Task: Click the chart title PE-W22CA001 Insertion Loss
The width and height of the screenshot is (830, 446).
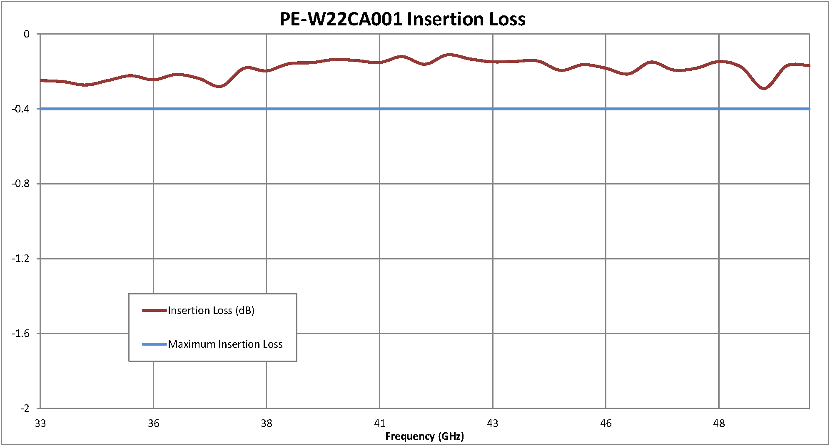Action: pos(402,19)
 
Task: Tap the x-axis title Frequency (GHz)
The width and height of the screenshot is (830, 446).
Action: pos(424,436)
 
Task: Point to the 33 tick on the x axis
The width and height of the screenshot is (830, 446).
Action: pos(40,424)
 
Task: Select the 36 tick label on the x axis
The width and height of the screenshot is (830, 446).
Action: pos(154,424)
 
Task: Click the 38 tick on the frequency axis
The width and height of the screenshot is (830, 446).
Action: pos(267,424)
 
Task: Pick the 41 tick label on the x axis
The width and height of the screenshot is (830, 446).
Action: pos(380,424)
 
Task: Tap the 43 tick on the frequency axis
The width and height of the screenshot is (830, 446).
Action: pos(493,424)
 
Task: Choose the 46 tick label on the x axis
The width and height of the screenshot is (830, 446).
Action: pos(606,424)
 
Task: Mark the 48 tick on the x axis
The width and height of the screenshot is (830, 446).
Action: pos(719,424)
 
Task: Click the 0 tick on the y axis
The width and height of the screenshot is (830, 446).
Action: pos(27,34)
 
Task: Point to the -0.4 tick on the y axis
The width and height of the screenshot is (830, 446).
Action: pos(21,109)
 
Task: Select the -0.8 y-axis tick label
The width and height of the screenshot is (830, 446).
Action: pos(21,184)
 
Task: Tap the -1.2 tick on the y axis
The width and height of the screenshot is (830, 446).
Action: pos(21,259)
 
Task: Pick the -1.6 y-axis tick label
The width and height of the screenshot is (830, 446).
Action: pos(21,333)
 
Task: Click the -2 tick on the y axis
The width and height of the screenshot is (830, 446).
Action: pos(25,408)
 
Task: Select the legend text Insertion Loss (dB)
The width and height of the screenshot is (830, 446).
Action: pos(211,311)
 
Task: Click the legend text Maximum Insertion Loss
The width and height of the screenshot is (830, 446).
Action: pos(225,344)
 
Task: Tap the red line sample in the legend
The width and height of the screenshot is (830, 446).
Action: pos(155,311)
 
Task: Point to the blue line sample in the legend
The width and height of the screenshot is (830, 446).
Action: pos(155,344)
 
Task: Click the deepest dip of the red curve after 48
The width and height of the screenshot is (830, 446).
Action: pos(763,88)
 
